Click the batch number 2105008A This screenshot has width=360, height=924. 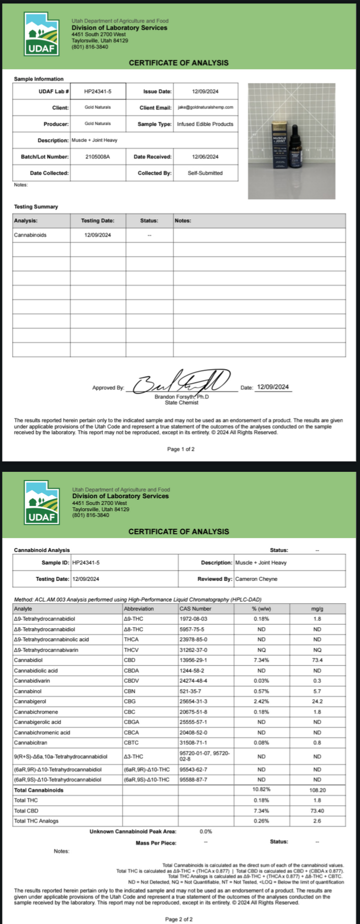click(97, 157)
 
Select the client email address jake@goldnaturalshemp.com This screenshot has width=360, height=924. click(205, 107)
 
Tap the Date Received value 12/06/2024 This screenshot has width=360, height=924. click(205, 157)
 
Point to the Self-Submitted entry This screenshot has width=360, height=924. click(205, 173)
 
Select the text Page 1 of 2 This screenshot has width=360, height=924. click(180, 449)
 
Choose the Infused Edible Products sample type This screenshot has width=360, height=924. click(205, 124)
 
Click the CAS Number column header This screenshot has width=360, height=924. click(195, 608)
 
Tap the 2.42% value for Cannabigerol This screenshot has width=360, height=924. click(261, 701)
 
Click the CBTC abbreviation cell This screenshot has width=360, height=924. click(131, 742)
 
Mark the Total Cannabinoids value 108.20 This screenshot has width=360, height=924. click(317, 790)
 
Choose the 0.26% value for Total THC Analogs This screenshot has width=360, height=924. click(261, 821)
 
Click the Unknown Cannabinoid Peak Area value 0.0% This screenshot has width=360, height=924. click(206, 831)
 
